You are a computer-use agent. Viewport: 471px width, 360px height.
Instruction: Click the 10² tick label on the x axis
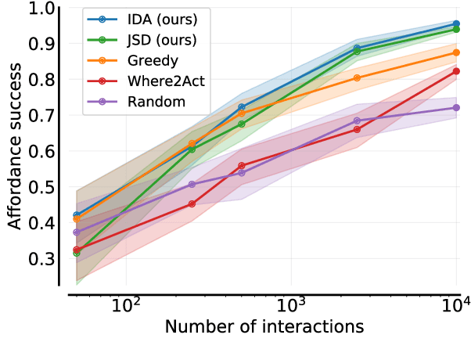(125, 302)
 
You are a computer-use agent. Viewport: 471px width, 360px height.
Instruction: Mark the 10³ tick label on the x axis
(291, 302)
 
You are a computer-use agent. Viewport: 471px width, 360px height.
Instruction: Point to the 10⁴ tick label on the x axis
(456, 302)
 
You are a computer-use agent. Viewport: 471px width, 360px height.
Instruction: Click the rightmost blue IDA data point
(457, 24)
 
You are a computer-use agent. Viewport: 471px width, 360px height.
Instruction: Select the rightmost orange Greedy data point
(457, 52)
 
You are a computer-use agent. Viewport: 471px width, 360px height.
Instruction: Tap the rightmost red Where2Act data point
(457, 71)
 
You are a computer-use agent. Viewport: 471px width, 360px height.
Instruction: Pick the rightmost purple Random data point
(457, 107)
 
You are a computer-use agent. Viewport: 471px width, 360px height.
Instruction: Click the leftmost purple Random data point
(77, 232)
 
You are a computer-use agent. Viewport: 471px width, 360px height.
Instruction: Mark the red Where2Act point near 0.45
(192, 203)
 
